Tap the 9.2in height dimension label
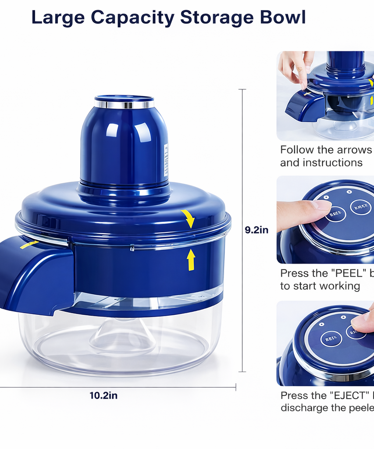(x=256, y=229)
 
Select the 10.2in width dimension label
(x=103, y=395)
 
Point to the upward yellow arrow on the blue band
(x=191, y=260)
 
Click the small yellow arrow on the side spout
(x=29, y=244)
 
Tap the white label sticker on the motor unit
(x=166, y=160)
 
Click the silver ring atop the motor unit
(x=124, y=104)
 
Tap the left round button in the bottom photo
(x=331, y=339)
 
